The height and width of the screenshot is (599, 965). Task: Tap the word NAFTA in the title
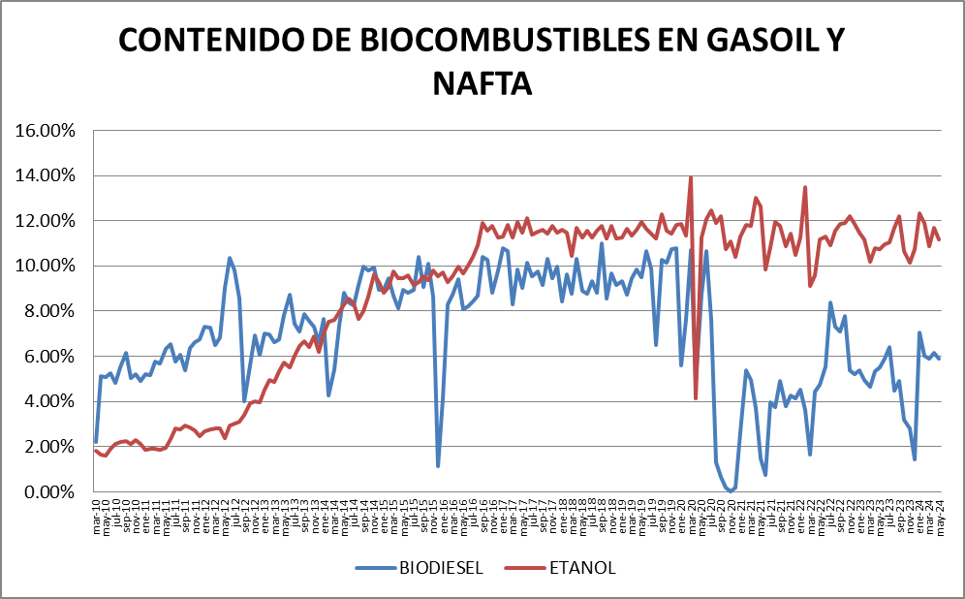click(x=482, y=82)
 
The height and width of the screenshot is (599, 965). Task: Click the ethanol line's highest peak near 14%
click(x=691, y=177)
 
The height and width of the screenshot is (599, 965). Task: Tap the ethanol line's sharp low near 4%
click(x=696, y=398)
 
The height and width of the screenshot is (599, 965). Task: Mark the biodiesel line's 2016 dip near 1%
click(x=438, y=466)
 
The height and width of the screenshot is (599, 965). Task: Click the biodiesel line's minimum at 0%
click(x=731, y=491)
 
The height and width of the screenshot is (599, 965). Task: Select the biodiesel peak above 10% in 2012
click(x=230, y=258)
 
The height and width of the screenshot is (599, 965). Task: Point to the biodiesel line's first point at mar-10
click(x=96, y=442)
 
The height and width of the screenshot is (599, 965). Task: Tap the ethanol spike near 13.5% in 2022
click(x=805, y=187)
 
